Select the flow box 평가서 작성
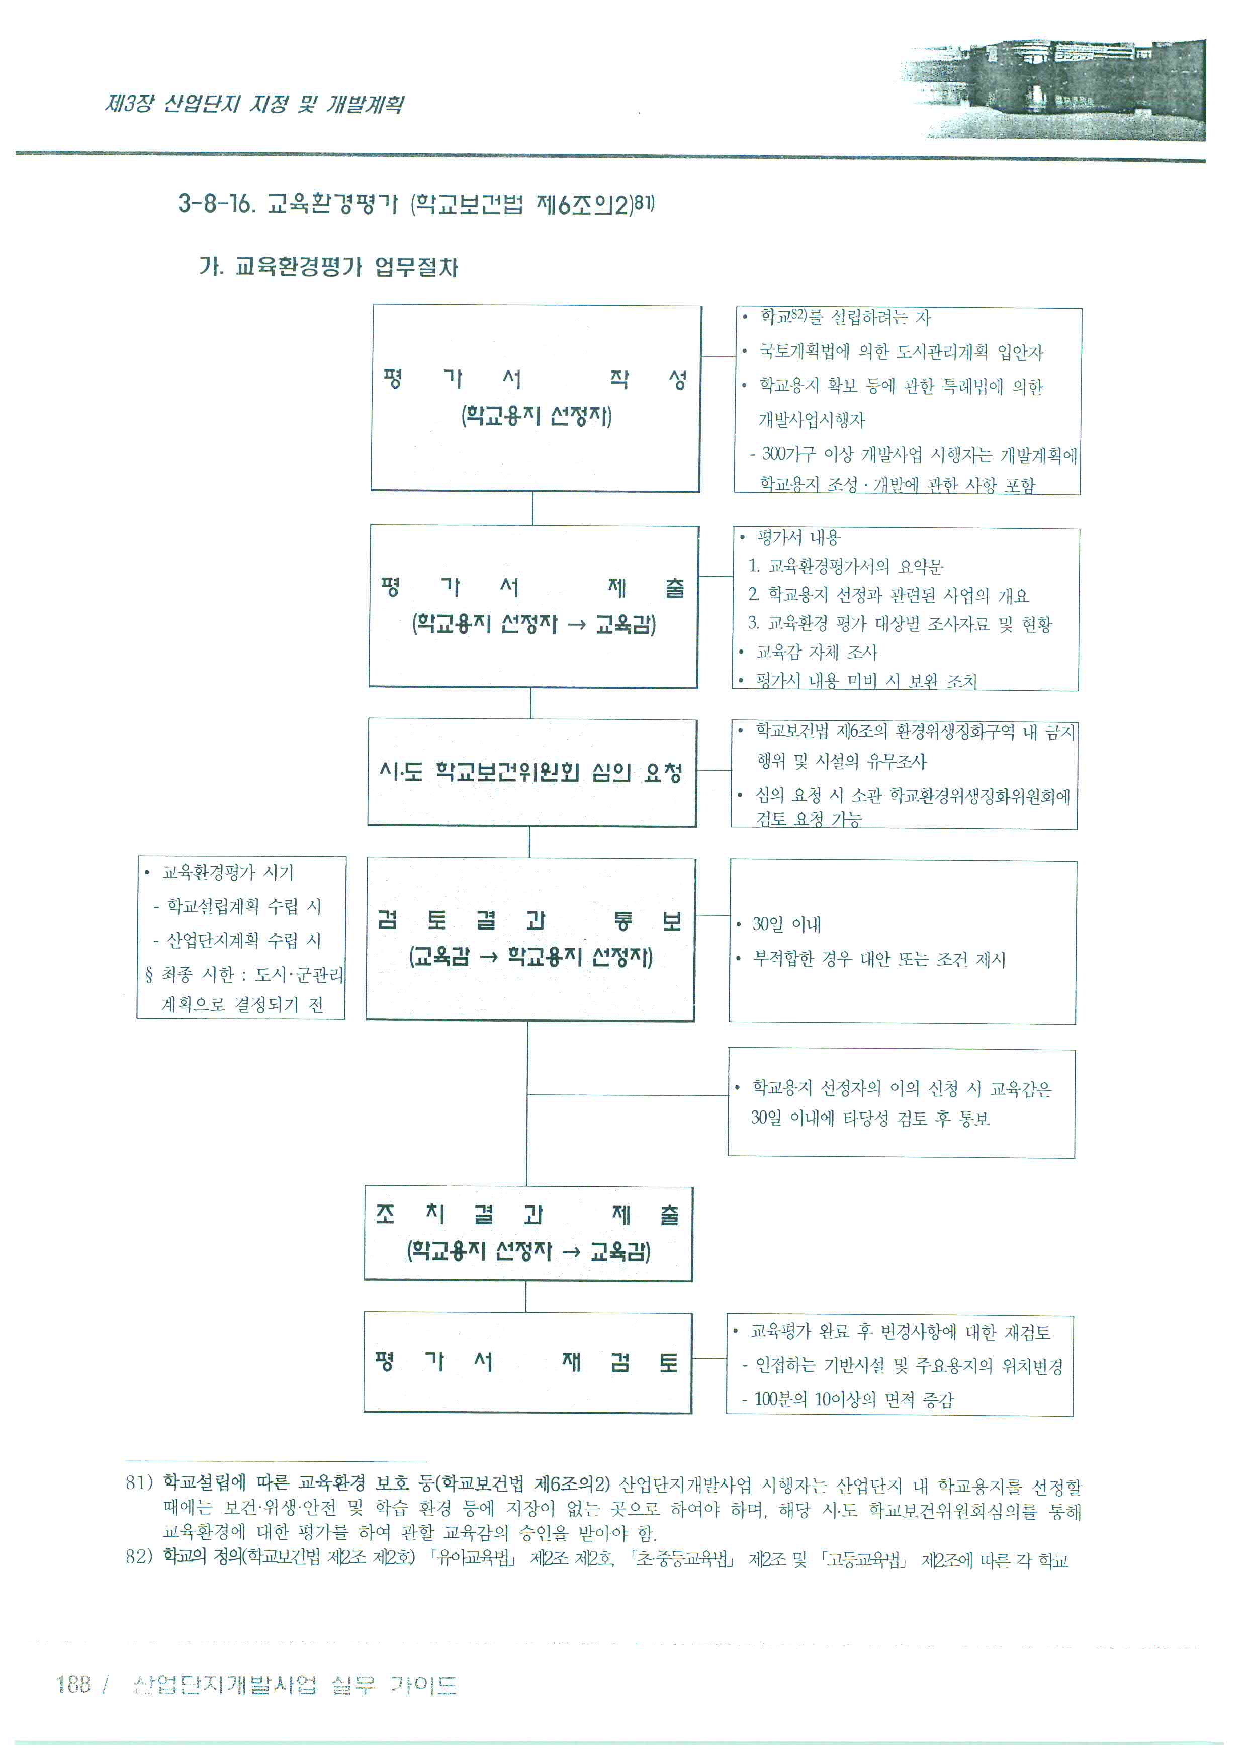pos(536,398)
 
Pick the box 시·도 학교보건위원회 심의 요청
pos(532,773)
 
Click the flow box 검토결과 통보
pos(530,939)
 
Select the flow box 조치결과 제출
pos(528,1234)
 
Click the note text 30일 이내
pos(786,924)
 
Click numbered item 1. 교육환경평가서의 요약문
pos(846,567)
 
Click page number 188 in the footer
pos(74,1685)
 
